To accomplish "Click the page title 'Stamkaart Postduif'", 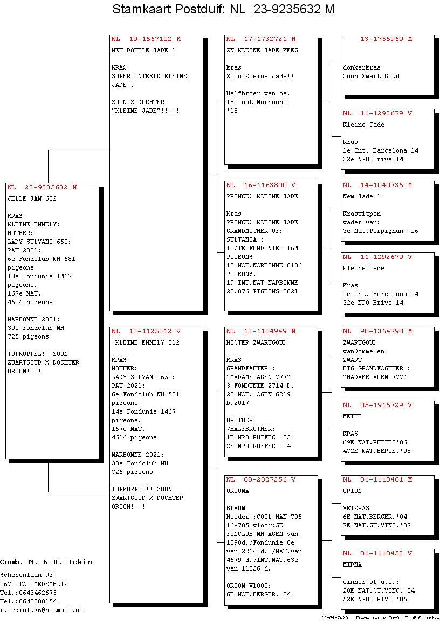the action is [167, 9].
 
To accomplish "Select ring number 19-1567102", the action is [150, 39].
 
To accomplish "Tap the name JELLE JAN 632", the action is [32, 198].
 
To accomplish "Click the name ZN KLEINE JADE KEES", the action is [262, 50].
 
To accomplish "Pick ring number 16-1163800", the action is [265, 186].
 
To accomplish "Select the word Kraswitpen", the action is [362, 214].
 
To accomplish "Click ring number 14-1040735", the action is [382, 186].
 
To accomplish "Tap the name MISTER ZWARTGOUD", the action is [257, 342].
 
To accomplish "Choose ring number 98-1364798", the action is [382, 331].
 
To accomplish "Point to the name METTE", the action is [352, 416].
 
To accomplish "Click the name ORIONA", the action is [238, 491].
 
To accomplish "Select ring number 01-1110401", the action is [382, 479].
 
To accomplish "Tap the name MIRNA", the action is [352, 565].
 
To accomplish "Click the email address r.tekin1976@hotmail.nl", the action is [42, 610].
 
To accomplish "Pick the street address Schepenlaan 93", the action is [26, 575].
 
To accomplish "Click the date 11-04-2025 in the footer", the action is [334, 617].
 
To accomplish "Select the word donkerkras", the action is [362, 68].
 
